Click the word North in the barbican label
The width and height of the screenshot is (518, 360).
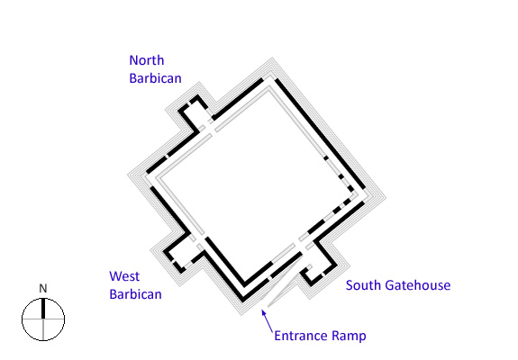click(147, 60)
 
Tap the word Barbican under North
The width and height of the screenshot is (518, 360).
click(155, 78)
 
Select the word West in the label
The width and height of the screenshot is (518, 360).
click(124, 276)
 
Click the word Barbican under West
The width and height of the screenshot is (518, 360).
click(135, 294)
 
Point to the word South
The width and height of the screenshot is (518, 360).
click(363, 285)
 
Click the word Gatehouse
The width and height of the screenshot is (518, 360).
click(417, 285)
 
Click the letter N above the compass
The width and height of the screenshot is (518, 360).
click(43, 289)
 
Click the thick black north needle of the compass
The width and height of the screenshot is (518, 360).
click(43, 309)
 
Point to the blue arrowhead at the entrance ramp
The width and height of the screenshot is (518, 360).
click(264, 312)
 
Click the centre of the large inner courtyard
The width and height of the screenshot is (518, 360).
click(256, 186)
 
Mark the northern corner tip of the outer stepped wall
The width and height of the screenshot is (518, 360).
click(272, 58)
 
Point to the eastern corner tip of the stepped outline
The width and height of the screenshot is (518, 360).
click(386, 197)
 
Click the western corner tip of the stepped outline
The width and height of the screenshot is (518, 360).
click(128, 175)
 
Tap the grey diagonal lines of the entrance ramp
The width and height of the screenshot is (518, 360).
click(281, 283)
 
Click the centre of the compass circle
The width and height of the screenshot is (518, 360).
click(43, 319)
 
